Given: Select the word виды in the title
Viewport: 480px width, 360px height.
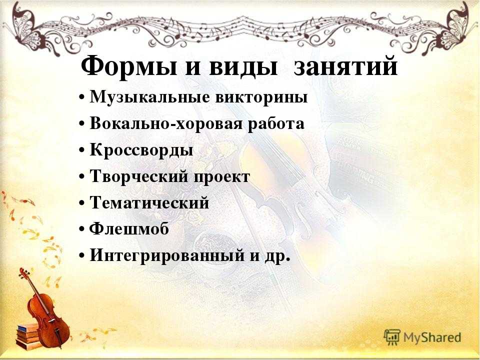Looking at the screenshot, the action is pos(243,66).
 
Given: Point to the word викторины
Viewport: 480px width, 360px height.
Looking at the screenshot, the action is pos(261,98).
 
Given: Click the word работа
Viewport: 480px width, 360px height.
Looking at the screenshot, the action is pos(276,124).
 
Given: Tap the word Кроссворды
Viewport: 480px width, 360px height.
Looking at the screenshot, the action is pos(141,150).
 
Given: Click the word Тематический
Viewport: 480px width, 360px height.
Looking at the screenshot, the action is pos(149,202).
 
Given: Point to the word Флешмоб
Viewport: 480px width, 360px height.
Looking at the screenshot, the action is pos(129,228).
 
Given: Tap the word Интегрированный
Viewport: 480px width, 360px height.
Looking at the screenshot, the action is pos(167,255).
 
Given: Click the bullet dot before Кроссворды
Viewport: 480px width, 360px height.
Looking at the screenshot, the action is pos(81,151).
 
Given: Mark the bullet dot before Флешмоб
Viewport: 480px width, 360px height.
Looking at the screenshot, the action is pos(81,229).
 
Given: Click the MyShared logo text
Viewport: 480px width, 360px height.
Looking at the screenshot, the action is pos(432,337).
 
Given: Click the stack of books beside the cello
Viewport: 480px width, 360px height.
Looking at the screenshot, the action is pos(27,336).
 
